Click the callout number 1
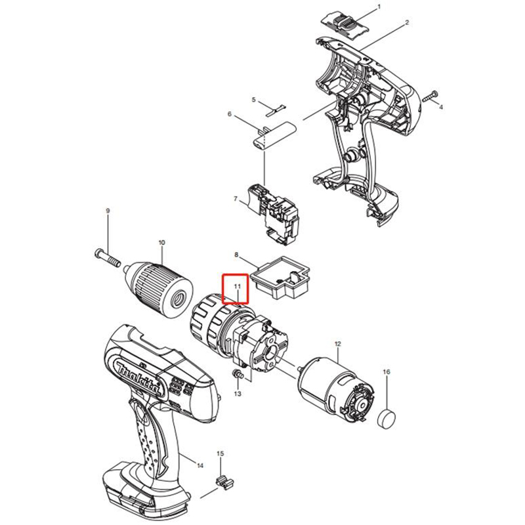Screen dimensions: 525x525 pos(379,7)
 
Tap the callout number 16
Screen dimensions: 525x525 pos(387,372)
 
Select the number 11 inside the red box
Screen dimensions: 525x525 pos(238,287)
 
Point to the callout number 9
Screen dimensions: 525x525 pos(108,211)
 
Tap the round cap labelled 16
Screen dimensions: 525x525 pos(387,419)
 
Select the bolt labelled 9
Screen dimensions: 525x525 pos(108,257)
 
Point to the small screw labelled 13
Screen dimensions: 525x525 pos(238,373)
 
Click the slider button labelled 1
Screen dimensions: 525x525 pos(346,24)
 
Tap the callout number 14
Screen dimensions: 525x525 pos(200,466)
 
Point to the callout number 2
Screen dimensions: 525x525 pos(407,23)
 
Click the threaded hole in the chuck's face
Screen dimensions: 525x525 pos(177,298)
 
